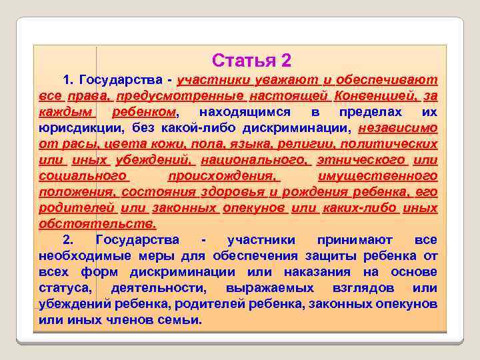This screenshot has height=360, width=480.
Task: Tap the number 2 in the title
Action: [286, 60]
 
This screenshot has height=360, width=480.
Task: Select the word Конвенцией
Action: [374, 95]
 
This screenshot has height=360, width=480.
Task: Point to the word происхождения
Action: [224, 176]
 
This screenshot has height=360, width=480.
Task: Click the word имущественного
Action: [378, 176]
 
